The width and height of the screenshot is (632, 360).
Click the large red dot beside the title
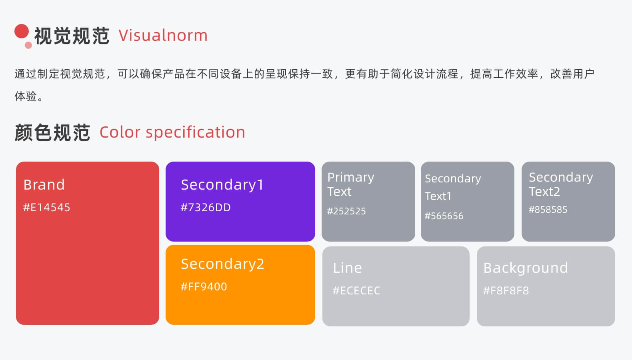tap(22, 31)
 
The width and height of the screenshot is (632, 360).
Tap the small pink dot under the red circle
tap(28, 45)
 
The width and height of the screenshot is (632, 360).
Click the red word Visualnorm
tap(163, 36)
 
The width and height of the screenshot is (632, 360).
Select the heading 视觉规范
tap(72, 36)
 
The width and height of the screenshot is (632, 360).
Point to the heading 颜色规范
tap(52, 132)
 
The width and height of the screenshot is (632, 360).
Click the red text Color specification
tap(172, 132)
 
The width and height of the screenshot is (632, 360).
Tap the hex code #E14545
tap(46, 208)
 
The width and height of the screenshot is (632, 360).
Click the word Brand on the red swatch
tap(44, 185)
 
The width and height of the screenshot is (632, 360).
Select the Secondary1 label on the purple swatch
tap(222, 185)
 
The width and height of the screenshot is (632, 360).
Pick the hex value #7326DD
tap(206, 208)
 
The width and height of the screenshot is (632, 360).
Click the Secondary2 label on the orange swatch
tap(223, 264)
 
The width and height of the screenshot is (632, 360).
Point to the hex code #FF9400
tap(204, 287)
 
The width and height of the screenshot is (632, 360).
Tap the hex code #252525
tap(346, 211)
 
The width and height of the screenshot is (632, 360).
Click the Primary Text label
tap(351, 184)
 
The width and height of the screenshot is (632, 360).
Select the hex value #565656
tap(444, 216)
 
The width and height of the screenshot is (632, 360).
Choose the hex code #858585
tap(548, 210)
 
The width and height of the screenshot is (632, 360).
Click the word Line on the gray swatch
tap(347, 268)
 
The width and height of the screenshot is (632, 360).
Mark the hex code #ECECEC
tap(356, 290)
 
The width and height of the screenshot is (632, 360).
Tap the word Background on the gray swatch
tap(526, 268)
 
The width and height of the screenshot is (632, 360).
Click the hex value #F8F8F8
tap(506, 290)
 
